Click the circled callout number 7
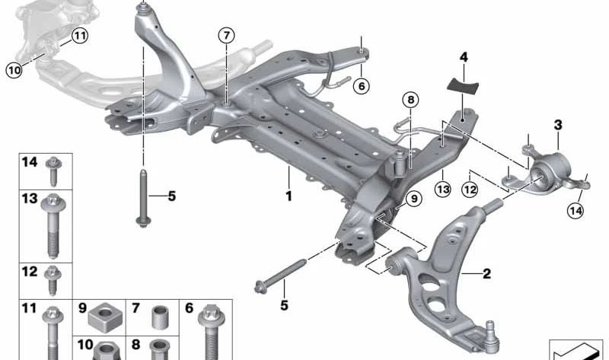[226, 36]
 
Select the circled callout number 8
[411, 100]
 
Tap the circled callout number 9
[414, 199]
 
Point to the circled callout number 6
[362, 85]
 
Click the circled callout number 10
[14, 70]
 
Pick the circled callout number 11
[80, 36]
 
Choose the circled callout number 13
[443, 189]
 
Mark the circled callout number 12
[470, 190]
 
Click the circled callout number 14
[576, 211]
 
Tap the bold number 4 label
[464, 58]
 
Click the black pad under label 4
[464, 86]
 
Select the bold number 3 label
[558, 125]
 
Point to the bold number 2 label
[486, 274]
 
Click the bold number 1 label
[289, 196]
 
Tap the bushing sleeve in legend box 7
[159, 317]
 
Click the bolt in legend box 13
[53, 226]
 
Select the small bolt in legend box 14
[53, 171]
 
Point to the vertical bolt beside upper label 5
[143, 198]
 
